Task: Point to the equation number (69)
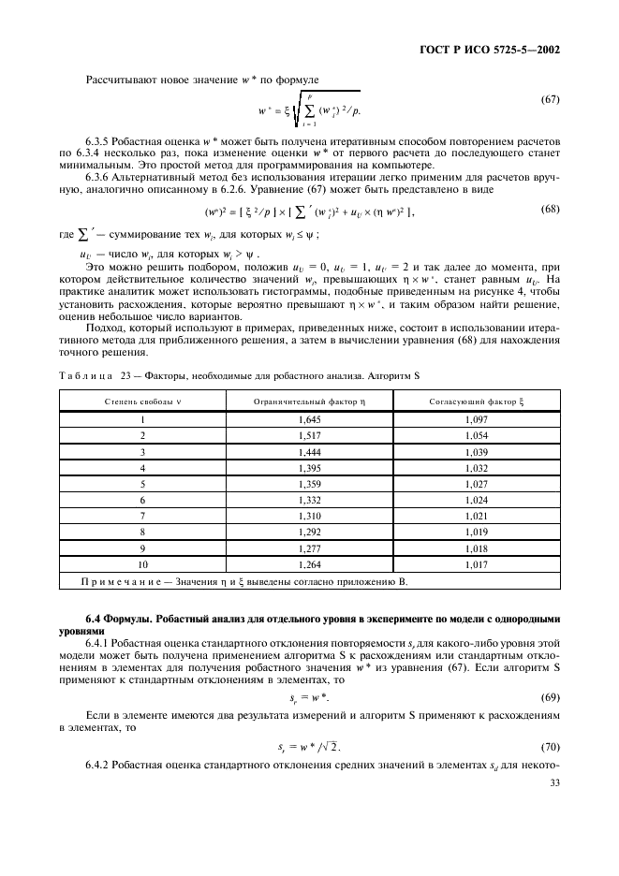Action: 551,698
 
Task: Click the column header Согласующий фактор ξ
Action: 476,401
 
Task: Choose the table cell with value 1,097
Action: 476,420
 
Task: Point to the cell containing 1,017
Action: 476,564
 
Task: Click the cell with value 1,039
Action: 476,452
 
